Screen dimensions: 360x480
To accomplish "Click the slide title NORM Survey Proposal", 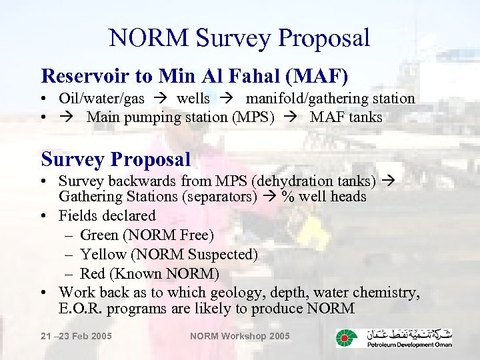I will [x=239, y=37].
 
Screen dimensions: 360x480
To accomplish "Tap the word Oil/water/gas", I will [x=101, y=99].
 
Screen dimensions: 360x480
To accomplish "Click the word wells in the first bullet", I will [x=193, y=99].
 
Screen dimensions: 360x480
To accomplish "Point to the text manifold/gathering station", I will [x=330, y=99].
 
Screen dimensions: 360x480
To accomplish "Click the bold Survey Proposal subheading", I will [x=116, y=159].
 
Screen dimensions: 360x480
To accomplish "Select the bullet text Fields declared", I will [x=107, y=215].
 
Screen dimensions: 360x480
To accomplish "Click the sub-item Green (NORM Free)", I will [x=147, y=235].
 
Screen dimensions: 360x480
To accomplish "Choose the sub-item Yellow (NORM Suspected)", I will [x=169, y=254].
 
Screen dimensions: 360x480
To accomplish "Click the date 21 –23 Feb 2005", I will [x=76, y=336].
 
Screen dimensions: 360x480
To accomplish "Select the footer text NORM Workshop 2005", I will [x=240, y=336].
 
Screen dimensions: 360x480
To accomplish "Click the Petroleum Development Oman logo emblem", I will [x=345, y=338].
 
